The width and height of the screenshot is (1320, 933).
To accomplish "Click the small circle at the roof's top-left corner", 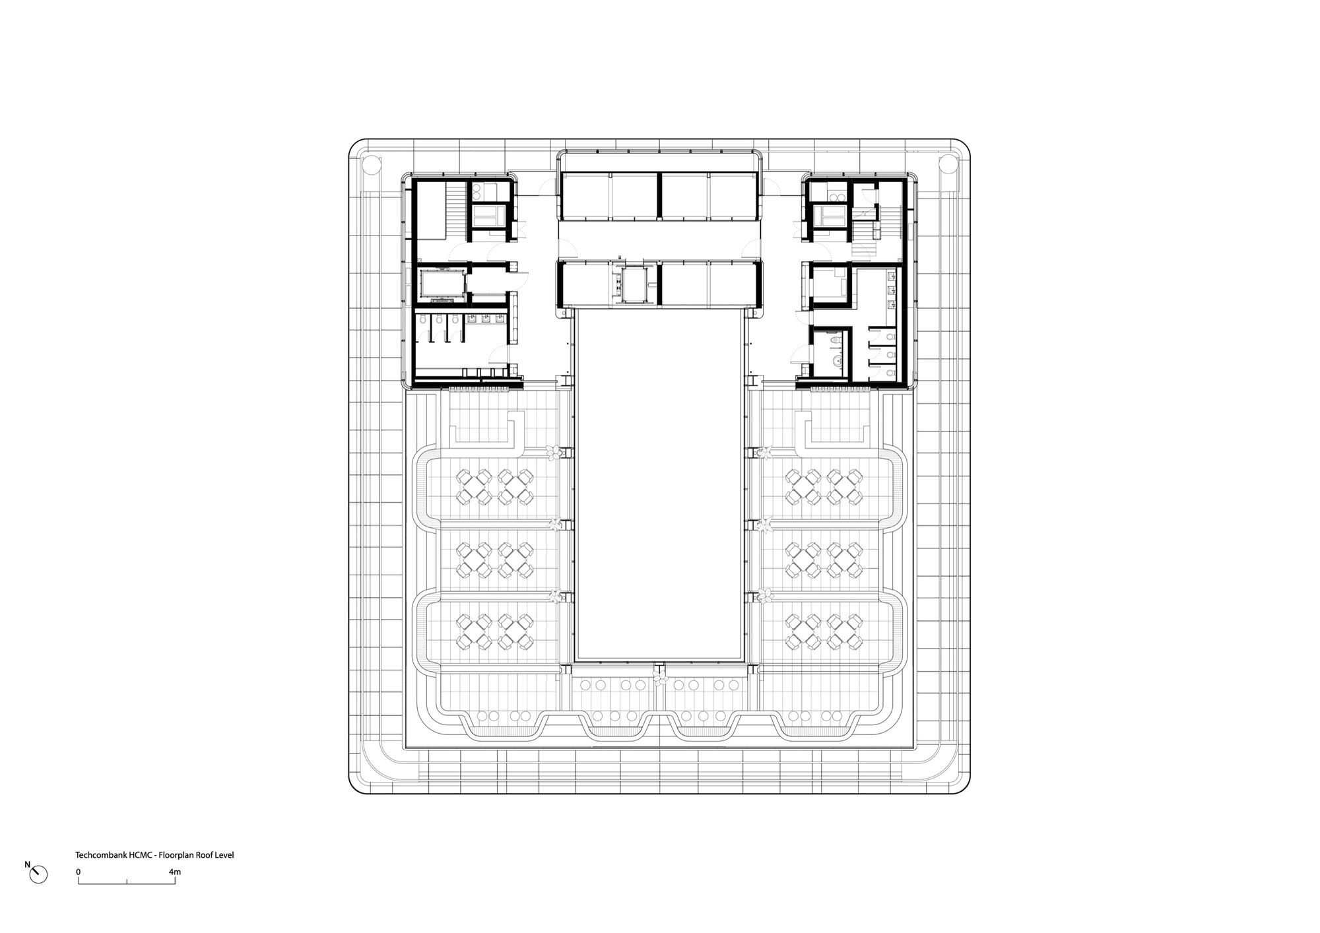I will (370, 162).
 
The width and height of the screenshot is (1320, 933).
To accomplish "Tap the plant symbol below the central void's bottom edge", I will (658, 676).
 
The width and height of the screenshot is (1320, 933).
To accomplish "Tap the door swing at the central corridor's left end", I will (565, 250).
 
